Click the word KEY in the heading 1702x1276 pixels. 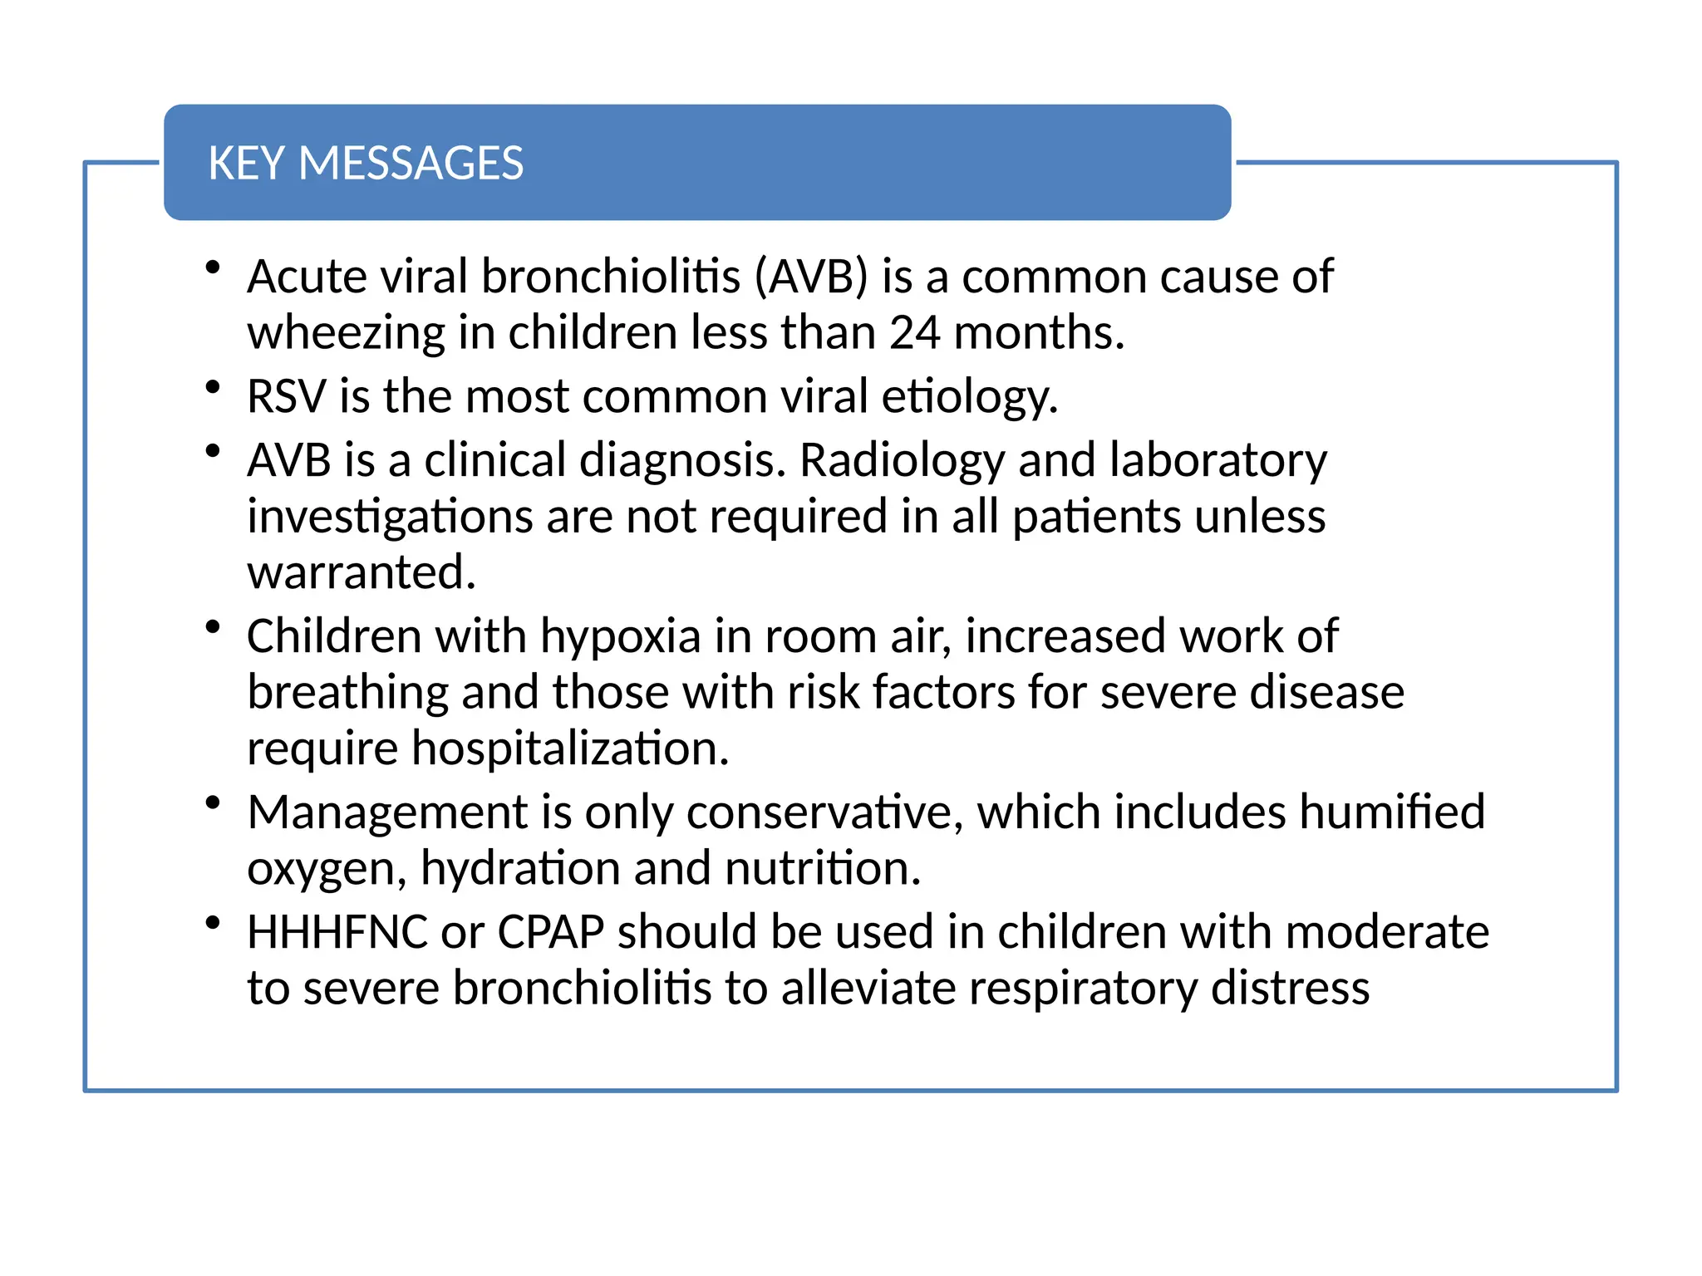(245, 163)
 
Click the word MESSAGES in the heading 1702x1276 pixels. (411, 163)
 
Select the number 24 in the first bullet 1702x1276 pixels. (915, 332)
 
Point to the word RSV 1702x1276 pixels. (286, 395)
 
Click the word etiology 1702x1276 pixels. (969, 397)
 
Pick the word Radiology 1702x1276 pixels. (902, 461)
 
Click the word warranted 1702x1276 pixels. (362, 572)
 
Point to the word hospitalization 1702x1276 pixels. (571, 748)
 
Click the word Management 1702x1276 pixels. (387, 812)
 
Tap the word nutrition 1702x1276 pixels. (823, 868)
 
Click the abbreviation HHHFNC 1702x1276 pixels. (337, 932)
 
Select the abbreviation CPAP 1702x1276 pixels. (550, 932)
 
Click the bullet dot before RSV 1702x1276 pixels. (213, 386)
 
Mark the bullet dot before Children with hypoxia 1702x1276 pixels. (213, 626)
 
